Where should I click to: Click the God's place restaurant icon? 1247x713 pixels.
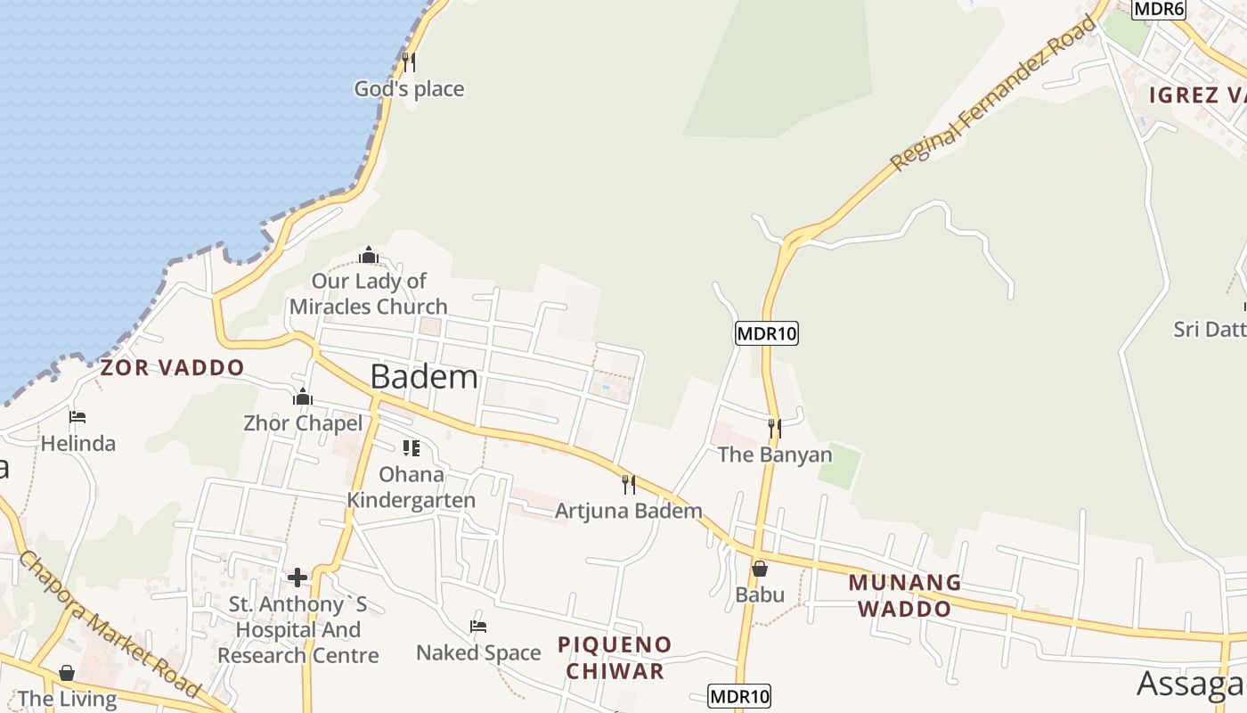(x=409, y=61)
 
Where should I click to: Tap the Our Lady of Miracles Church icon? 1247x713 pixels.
(x=369, y=256)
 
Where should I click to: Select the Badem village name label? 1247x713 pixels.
(x=424, y=376)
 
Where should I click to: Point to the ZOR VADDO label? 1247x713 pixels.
(x=172, y=367)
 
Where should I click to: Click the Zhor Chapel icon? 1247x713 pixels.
(x=303, y=397)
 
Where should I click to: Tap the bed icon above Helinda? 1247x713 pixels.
(x=77, y=416)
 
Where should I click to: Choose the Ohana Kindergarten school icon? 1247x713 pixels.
(x=411, y=447)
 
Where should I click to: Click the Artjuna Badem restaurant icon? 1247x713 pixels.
(x=629, y=484)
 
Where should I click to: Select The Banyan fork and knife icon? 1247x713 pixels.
(x=774, y=429)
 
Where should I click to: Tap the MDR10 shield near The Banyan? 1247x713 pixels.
(x=766, y=334)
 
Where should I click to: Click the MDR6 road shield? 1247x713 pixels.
(x=1159, y=9)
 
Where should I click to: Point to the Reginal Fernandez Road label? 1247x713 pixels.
(x=993, y=93)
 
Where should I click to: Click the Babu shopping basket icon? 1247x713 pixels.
(x=760, y=568)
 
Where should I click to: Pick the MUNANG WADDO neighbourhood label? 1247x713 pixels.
(x=904, y=595)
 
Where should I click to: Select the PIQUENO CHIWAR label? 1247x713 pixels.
(x=615, y=657)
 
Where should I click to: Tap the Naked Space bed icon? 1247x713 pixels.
(x=478, y=627)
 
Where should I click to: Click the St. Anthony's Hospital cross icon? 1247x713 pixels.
(x=297, y=578)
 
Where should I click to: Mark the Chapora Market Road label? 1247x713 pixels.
(x=109, y=623)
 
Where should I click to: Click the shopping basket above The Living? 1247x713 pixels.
(x=67, y=673)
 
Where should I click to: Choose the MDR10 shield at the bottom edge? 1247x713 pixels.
(x=739, y=696)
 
